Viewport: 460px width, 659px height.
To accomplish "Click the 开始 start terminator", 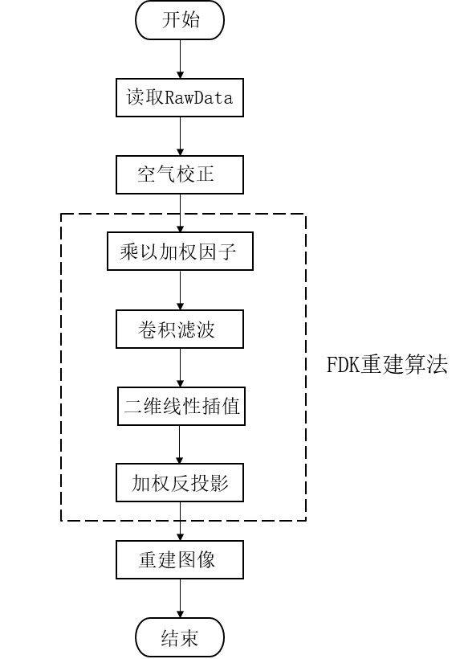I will click(180, 20).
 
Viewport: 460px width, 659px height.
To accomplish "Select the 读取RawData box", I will click(180, 98).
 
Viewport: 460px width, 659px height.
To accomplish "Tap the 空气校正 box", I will click(180, 174).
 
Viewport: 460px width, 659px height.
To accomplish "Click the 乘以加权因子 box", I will click(180, 252).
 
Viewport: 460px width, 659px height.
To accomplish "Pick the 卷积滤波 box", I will click(180, 329).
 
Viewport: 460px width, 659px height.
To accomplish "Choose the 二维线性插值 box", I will click(180, 407).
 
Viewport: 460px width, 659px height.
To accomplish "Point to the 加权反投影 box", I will click(180, 483).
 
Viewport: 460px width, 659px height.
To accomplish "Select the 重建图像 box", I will click(180, 559).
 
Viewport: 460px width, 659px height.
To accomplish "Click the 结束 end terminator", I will click(180, 639).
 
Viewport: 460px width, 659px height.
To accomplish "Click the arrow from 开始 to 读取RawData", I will click(180, 59).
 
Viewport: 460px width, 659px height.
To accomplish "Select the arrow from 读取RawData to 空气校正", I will click(180, 137).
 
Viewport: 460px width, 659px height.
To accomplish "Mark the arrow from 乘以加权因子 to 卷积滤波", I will click(180, 291).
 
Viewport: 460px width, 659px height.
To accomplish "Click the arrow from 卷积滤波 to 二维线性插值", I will click(180, 368).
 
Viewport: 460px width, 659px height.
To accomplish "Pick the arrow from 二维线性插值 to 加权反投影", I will click(180, 444).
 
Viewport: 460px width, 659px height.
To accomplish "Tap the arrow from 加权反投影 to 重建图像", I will click(180, 522).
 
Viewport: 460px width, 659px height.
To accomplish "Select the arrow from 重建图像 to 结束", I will click(180, 599).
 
